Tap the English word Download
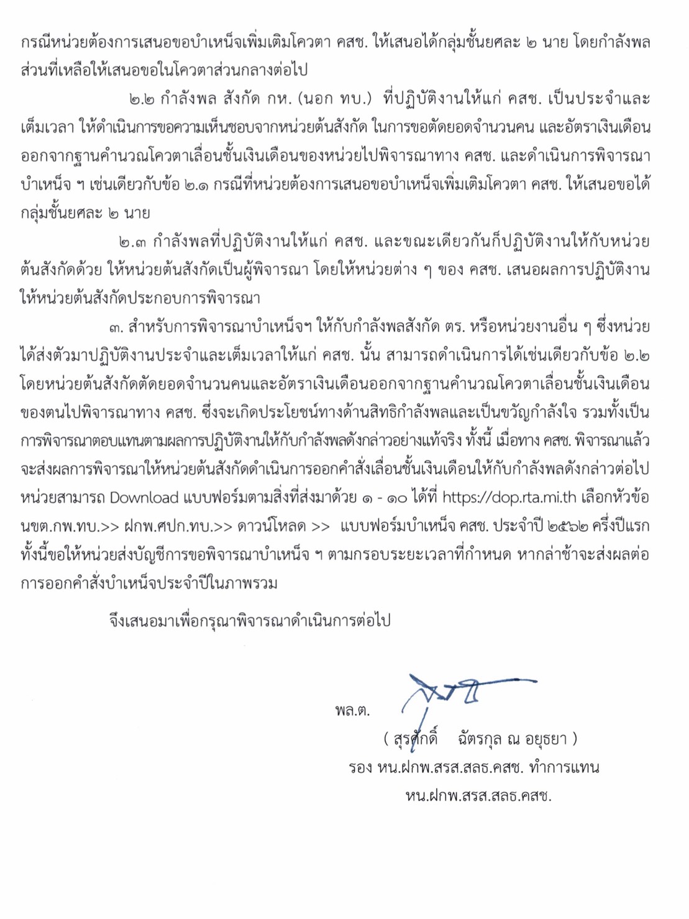[x=144, y=497]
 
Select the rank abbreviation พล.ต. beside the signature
[x=352, y=710]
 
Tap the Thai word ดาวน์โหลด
[x=273, y=526]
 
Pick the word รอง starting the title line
[x=360, y=767]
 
